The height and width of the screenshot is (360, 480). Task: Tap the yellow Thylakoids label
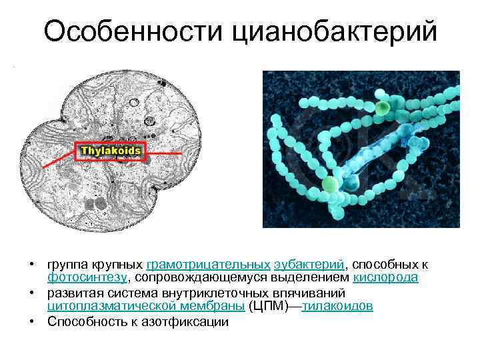coord(111,151)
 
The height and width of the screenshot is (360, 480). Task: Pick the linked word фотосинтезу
coord(86,277)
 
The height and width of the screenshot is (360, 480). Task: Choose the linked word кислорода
coord(385,277)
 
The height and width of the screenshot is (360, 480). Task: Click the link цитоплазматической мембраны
coord(145,306)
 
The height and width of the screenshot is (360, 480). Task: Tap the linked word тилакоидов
coord(337,306)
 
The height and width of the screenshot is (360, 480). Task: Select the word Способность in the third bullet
coord(84,322)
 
